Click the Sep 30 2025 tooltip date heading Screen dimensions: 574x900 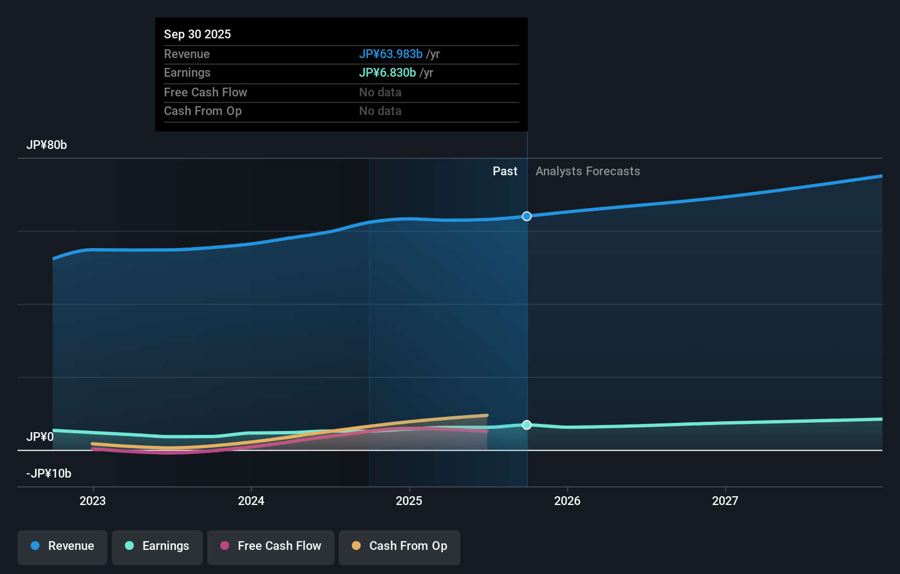pos(197,34)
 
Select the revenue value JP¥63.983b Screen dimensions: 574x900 pos(390,54)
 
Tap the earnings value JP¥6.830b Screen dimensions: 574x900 pos(387,72)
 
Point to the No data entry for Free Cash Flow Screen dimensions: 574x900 pos(380,92)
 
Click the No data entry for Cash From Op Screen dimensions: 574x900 pos(380,111)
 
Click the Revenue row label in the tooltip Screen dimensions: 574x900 pos(186,54)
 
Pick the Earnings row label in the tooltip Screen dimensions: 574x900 pos(187,72)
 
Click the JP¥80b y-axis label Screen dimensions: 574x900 pos(47,145)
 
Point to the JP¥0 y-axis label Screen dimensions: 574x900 pos(40,437)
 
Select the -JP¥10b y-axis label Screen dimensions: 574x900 pos(49,473)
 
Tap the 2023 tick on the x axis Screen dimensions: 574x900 pos(93,501)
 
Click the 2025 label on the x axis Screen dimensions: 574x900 pos(409,501)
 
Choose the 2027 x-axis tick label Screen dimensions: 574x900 pos(725,501)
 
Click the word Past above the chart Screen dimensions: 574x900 pos(505,171)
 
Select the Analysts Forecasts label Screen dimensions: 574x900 pos(588,171)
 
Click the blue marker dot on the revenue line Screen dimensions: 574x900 pos(527,216)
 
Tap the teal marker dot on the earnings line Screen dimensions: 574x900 pos(527,425)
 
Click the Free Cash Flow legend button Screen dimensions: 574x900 pos(271,546)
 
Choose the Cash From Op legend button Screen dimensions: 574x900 pos(400,546)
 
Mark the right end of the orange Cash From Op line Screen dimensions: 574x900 pos(487,415)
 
